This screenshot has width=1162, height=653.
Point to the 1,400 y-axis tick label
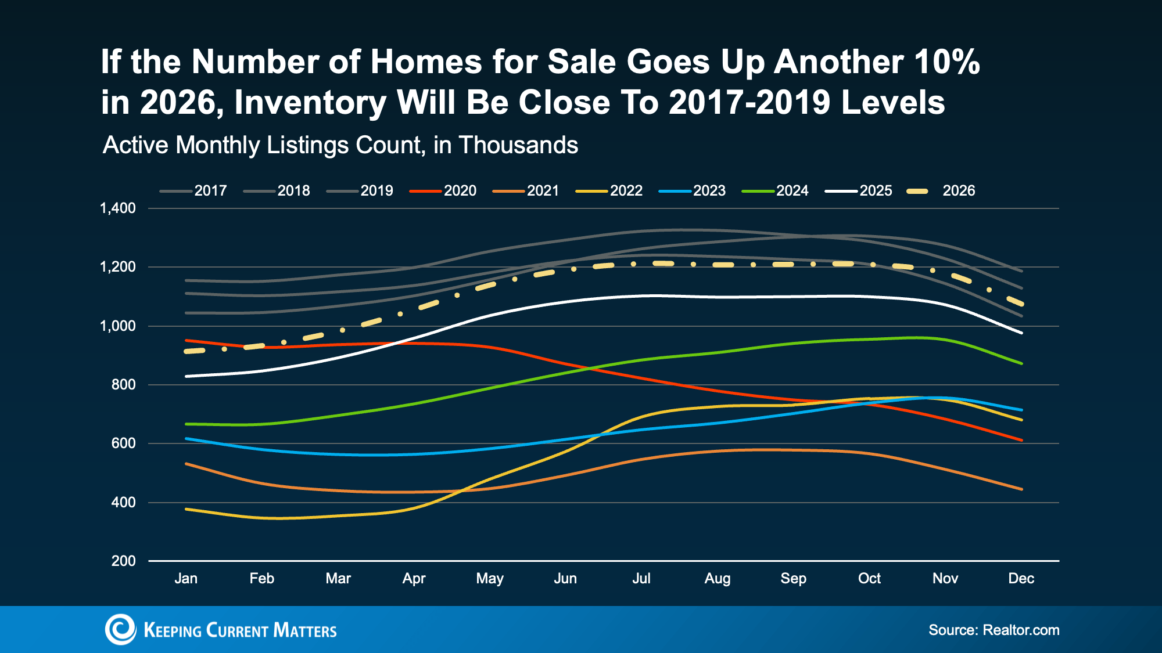click(x=118, y=208)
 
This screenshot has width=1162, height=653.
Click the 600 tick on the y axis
click(x=123, y=443)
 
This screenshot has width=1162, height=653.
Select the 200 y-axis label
click(x=123, y=561)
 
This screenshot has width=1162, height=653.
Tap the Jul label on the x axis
click(x=641, y=578)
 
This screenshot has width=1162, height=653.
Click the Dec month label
click(x=1021, y=578)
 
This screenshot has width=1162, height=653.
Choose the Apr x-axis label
click(x=414, y=578)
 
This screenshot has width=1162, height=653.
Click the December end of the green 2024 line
click(x=1021, y=363)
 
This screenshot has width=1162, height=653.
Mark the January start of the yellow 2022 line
click(x=187, y=509)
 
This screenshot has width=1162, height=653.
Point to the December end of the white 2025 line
click(x=1021, y=333)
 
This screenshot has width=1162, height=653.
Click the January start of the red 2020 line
click(x=187, y=340)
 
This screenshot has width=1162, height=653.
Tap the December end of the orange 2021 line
click(x=1021, y=489)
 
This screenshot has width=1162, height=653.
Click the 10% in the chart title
click(x=947, y=62)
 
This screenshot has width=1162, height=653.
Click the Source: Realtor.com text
click(x=994, y=630)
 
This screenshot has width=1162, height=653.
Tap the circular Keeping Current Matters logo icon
click(x=120, y=629)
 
